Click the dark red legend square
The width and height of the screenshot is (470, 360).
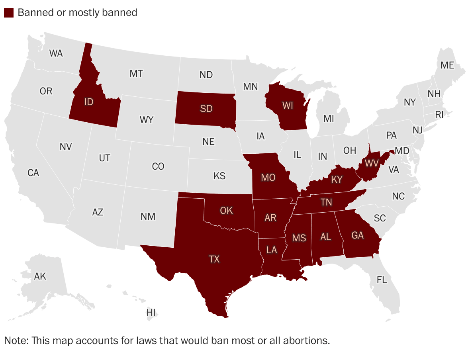click(x=9, y=12)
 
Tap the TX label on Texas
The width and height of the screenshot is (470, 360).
click(x=214, y=259)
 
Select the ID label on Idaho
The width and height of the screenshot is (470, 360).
click(x=89, y=102)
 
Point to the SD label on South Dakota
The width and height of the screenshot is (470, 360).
click(x=206, y=108)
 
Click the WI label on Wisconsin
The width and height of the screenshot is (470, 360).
click(x=288, y=106)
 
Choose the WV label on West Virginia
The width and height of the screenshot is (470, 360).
click(x=371, y=163)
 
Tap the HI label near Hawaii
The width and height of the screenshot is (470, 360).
click(x=151, y=313)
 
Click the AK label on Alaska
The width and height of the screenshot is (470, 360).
click(x=40, y=276)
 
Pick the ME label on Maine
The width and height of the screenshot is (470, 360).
click(x=447, y=65)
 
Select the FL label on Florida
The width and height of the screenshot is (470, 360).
click(x=382, y=280)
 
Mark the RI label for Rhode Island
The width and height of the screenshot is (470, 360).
click(x=439, y=115)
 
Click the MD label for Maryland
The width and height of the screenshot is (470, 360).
click(x=402, y=151)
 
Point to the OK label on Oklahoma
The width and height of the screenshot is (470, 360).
click(x=226, y=210)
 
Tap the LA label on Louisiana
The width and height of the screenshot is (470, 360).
click(x=272, y=250)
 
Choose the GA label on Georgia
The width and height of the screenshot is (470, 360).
click(x=358, y=235)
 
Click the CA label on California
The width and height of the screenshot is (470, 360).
click(x=33, y=173)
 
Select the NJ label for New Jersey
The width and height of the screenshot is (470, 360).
click(x=417, y=130)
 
